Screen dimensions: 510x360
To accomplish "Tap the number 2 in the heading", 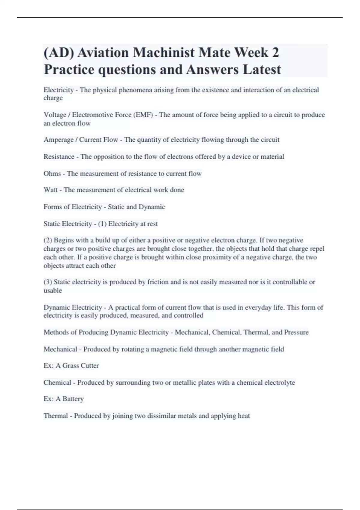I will (x=275, y=53).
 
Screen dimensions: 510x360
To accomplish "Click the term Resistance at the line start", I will (x=59, y=157).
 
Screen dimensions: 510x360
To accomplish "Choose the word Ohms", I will (x=52, y=173).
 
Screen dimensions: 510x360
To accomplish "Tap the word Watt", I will (x=50, y=190).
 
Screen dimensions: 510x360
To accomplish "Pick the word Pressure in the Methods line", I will (x=296, y=332).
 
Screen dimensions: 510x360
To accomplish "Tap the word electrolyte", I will (x=280, y=382).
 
